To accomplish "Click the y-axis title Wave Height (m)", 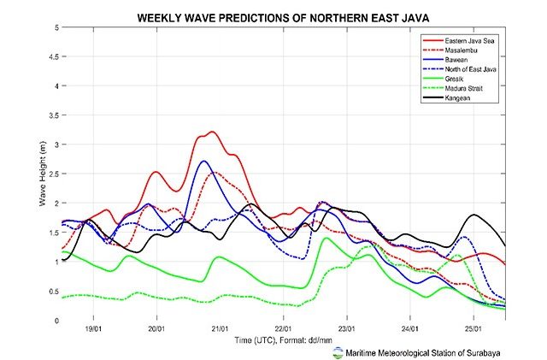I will [x=43, y=174].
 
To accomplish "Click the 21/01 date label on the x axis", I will [x=220, y=329].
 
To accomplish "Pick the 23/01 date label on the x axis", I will [x=346, y=329].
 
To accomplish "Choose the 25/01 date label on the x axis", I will [x=473, y=329].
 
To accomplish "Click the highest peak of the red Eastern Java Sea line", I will [x=211, y=133].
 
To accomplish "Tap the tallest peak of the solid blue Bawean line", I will [x=203, y=161].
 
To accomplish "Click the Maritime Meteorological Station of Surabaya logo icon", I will [x=339, y=351].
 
